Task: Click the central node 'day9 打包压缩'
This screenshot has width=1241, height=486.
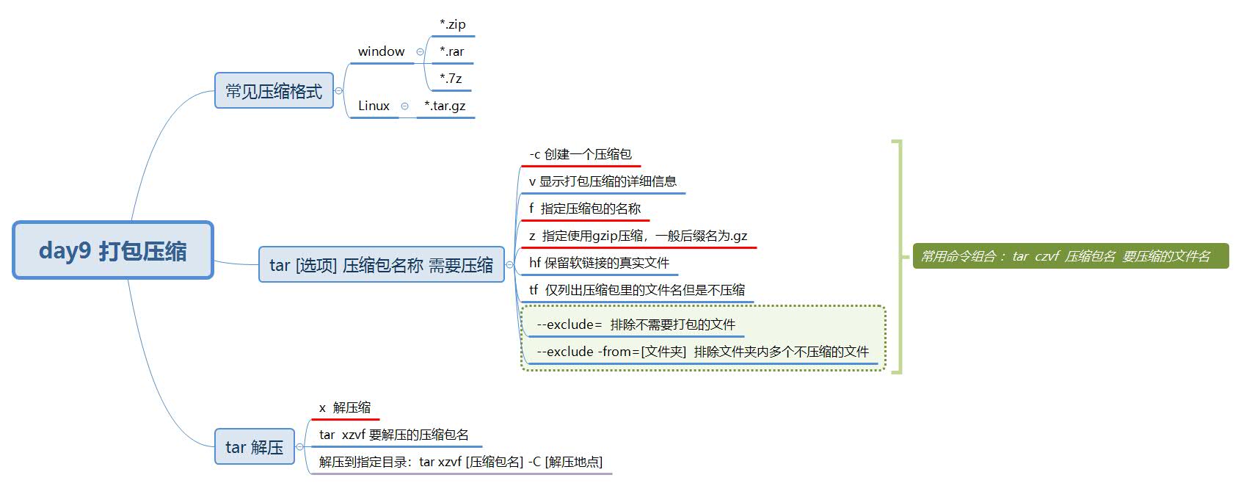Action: (113, 250)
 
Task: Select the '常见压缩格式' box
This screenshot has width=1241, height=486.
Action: (274, 91)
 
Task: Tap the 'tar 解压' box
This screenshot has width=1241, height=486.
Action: (254, 447)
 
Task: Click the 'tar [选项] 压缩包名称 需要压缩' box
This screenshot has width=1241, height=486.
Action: (381, 265)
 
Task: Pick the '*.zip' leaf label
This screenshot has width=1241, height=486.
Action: (452, 24)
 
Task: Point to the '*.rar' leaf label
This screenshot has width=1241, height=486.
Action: (451, 51)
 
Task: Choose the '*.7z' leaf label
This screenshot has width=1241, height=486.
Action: (451, 79)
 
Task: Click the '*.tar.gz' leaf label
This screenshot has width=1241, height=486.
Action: (445, 106)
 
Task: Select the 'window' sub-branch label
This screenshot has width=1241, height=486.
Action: (381, 51)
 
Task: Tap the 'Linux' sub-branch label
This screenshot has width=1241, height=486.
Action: (374, 106)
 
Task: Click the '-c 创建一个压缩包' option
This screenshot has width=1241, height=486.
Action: (580, 154)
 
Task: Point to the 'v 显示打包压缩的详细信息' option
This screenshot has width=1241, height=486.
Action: (603, 181)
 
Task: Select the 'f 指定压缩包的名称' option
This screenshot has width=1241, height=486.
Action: (585, 208)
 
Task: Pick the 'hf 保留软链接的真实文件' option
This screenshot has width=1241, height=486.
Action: (599, 263)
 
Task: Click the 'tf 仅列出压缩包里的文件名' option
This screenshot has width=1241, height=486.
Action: (636, 290)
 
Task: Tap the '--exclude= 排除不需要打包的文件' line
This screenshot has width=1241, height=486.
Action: (636, 324)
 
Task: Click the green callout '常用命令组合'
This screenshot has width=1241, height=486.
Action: (1070, 256)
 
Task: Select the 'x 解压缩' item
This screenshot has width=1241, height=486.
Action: (345, 407)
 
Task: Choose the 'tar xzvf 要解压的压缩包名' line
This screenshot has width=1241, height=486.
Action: (394, 435)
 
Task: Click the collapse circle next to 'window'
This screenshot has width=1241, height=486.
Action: (420, 52)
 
